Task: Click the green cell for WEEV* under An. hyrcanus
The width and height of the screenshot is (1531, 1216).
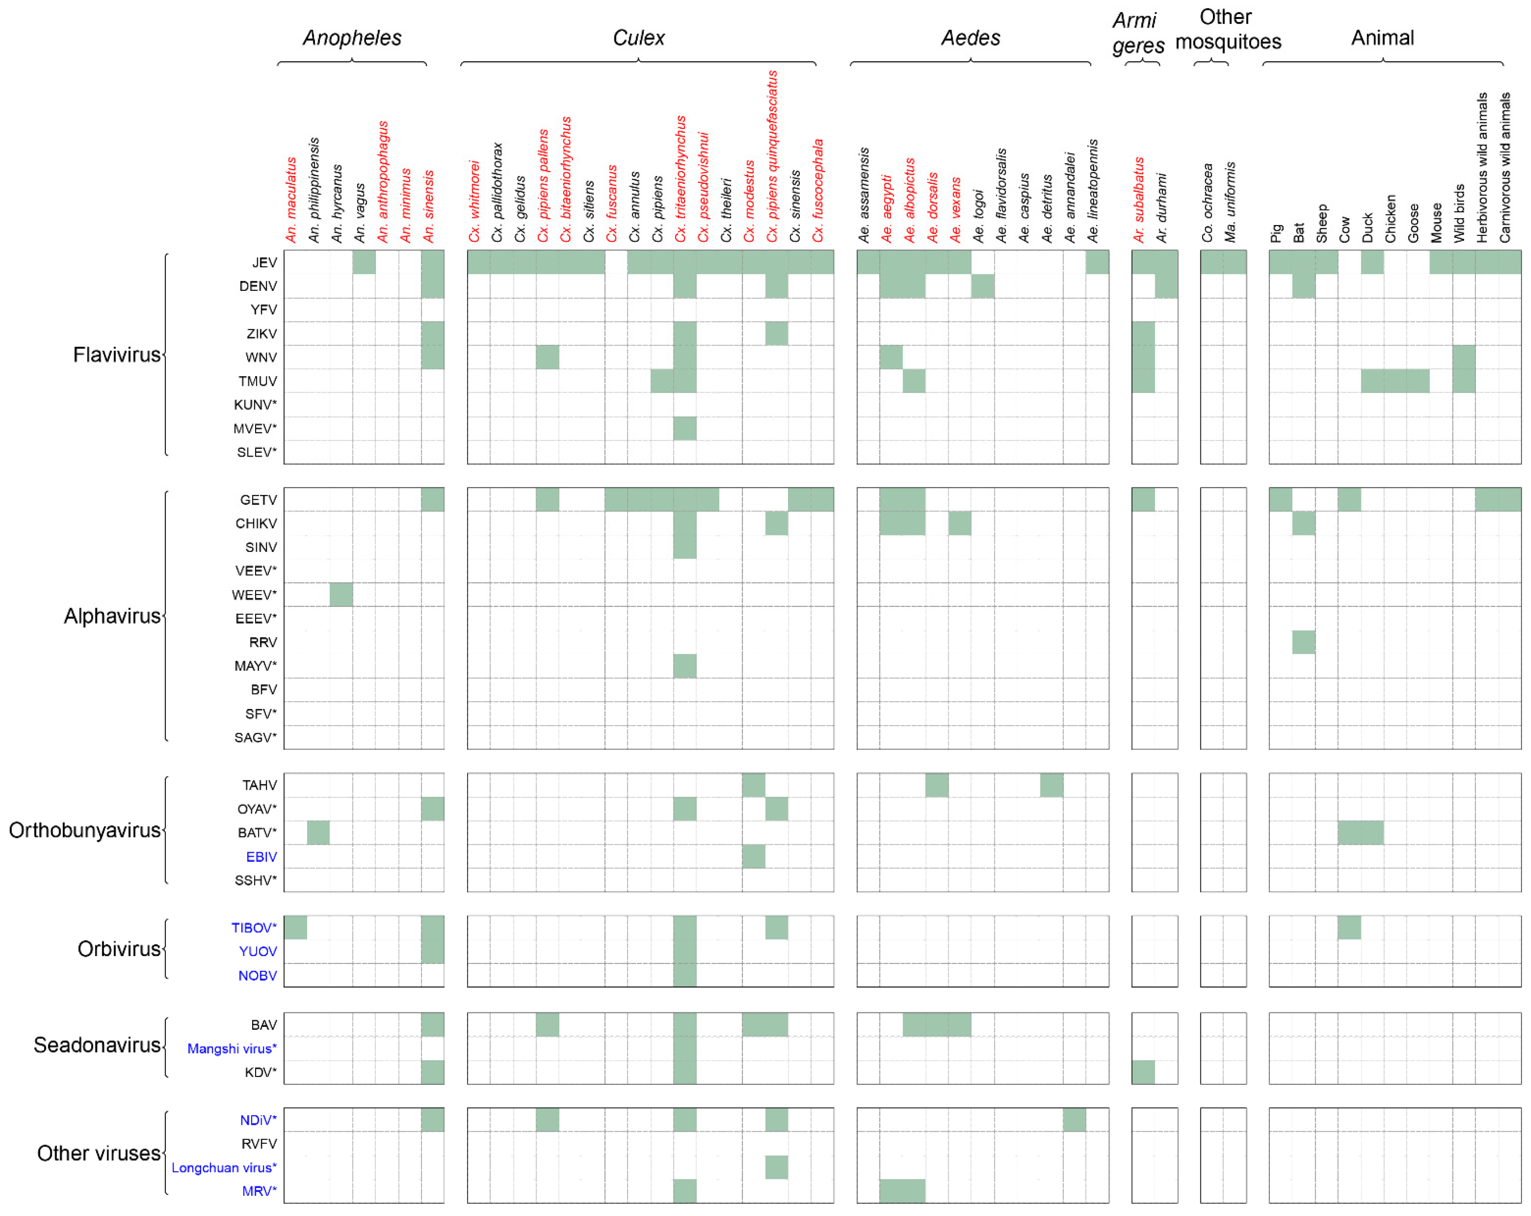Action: point(341,595)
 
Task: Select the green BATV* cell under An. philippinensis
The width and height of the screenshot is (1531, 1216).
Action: point(318,833)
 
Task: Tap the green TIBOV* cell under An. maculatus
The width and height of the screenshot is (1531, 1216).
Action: point(295,928)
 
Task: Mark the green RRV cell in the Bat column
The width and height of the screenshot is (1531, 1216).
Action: point(1303,642)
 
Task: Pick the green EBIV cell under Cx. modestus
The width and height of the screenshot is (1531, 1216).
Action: point(753,857)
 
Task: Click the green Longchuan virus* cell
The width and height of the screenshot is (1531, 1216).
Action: point(776,1167)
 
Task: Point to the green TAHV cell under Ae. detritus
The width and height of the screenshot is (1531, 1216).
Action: point(1051,785)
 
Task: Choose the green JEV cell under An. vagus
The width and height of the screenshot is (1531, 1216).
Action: point(363,262)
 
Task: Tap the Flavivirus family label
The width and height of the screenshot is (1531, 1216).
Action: point(117,355)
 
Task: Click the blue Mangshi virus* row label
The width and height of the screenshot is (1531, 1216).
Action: point(231,1048)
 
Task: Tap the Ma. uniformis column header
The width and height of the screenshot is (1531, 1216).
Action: point(1231,202)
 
